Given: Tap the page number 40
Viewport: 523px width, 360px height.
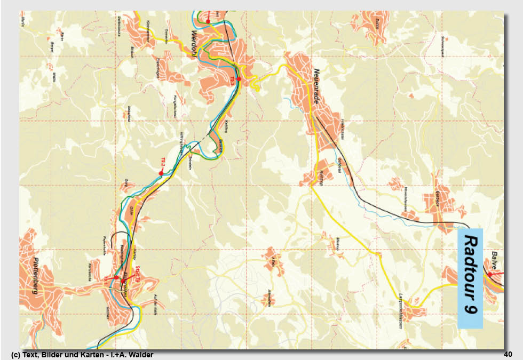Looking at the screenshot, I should (508, 354).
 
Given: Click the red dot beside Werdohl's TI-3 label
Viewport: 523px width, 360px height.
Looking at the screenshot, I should (239, 79).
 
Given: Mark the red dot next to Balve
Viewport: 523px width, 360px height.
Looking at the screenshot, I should (489, 274).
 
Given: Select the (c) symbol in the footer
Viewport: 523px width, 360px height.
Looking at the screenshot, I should (14, 355).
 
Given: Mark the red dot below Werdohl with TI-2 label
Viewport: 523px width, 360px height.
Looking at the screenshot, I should (161, 173).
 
